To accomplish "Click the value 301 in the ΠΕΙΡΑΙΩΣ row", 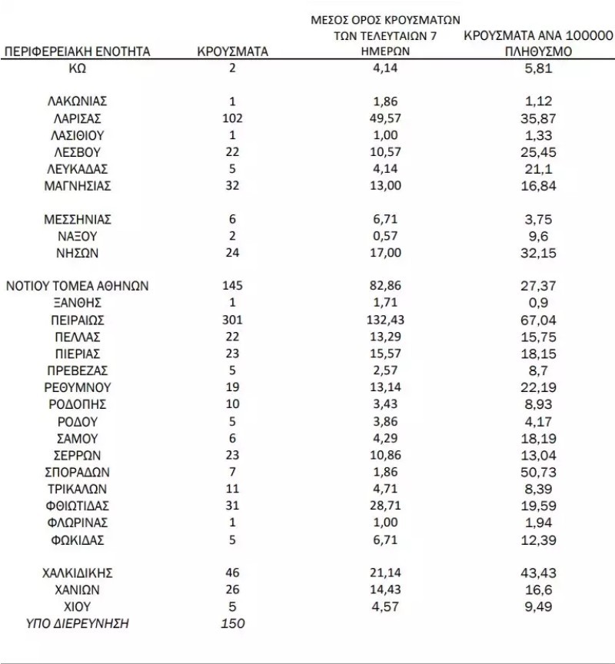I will click(x=232, y=320).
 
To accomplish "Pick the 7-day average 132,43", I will click(x=384, y=320).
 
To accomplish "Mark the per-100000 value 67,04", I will click(x=538, y=320).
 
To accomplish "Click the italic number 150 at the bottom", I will click(x=232, y=623).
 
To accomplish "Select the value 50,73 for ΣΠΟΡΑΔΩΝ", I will click(x=538, y=472).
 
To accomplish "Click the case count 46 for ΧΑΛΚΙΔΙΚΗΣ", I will click(x=232, y=573).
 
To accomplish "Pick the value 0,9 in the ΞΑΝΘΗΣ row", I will click(x=538, y=303).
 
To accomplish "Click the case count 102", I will click(x=232, y=118).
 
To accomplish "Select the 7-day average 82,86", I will click(x=384, y=286).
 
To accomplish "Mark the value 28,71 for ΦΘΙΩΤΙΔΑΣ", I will click(x=384, y=506).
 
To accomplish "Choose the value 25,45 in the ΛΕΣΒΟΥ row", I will click(x=538, y=152).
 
